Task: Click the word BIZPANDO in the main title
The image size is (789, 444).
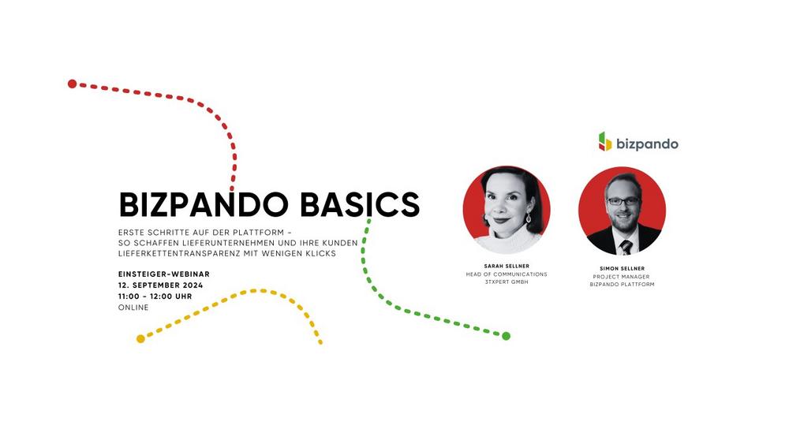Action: [204, 205]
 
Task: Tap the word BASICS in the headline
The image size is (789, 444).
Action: [360, 205]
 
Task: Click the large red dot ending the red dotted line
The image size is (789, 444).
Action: [72, 84]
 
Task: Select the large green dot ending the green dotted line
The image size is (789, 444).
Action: [507, 336]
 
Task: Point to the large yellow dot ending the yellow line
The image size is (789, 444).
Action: [141, 339]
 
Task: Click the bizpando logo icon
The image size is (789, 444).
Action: [605, 142]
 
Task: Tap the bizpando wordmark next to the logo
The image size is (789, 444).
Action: [647, 144]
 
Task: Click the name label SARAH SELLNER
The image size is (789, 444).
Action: [507, 266]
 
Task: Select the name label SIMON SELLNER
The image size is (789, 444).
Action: [622, 268]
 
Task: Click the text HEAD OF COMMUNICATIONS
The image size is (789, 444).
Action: [507, 274]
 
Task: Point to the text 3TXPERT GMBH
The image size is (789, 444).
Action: [507, 282]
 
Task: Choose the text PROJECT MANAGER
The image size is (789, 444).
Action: [622, 277]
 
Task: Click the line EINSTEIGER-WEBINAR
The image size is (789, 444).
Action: [164, 274]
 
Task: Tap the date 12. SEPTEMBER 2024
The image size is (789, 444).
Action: [160, 285]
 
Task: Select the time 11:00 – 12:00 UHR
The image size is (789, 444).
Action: [155, 297]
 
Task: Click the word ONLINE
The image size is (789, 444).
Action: [133, 308]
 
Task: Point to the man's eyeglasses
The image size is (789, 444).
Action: [623, 201]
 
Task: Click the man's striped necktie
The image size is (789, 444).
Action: [626, 247]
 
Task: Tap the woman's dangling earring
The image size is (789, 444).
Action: [529, 218]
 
